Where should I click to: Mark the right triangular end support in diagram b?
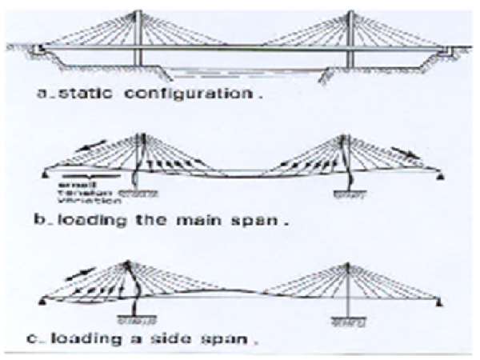pos(440,173)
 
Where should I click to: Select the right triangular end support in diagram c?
pos(440,302)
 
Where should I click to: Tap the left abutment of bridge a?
pos(38,51)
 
